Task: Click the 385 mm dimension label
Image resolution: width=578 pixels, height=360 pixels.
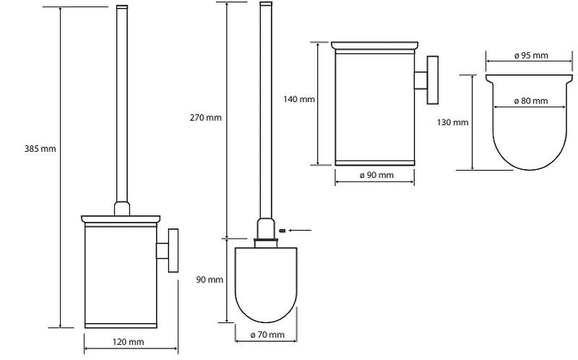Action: (40, 149)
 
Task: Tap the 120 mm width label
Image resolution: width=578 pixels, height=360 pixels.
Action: (129, 342)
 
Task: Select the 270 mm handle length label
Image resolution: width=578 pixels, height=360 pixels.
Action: (206, 118)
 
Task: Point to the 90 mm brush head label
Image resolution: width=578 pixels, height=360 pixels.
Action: (210, 280)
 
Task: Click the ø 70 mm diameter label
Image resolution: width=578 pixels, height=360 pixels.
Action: (267, 335)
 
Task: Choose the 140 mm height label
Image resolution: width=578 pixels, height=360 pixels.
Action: (299, 99)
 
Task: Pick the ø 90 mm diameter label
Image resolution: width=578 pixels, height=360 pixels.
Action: (376, 175)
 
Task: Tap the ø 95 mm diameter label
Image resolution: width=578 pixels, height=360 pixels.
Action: (531, 56)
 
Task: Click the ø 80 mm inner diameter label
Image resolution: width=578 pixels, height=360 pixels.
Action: (531, 100)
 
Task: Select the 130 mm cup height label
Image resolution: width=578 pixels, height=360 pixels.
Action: (453, 122)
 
